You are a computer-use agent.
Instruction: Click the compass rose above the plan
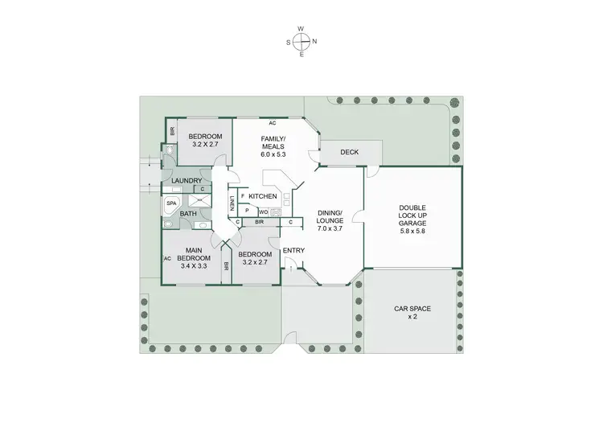coord(301,41)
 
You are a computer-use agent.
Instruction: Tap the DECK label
coord(349,152)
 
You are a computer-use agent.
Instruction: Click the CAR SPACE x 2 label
coord(412,312)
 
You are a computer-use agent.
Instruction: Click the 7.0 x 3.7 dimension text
coord(330,228)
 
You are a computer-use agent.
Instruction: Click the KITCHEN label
coord(263,196)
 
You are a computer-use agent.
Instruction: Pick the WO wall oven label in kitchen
coord(263,211)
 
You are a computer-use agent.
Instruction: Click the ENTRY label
coord(293,251)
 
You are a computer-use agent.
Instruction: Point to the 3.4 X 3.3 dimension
coord(194,265)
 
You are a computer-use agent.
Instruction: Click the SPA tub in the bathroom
coord(171,204)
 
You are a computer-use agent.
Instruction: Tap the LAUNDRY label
coord(187,181)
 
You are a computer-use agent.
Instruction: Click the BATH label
coord(188,214)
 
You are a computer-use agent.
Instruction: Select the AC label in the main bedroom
coord(167,258)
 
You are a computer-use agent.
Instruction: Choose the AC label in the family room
coord(273,123)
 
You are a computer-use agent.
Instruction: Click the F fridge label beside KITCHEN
coord(242,195)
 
